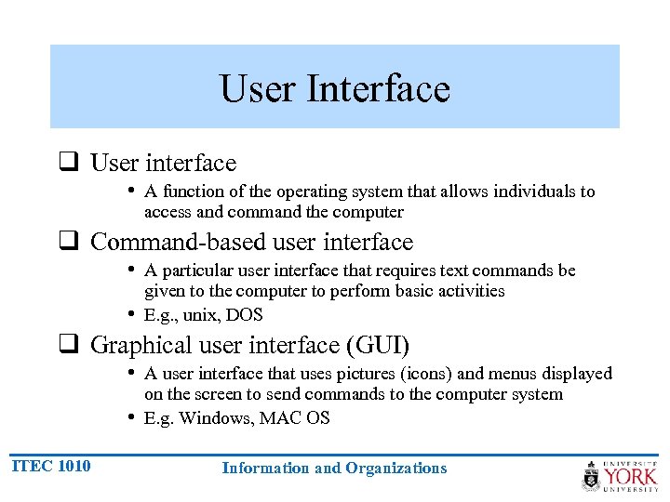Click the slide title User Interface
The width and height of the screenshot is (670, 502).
coord(335,89)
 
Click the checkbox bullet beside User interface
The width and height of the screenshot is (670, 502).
coord(68,164)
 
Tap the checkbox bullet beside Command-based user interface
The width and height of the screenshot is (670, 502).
coord(68,243)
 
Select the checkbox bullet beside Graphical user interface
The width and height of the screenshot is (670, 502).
coord(68,346)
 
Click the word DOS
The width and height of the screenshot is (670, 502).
coord(245,315)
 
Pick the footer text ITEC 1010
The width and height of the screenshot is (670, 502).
coord(51,466)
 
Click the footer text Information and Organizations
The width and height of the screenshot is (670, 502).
coord(334,469)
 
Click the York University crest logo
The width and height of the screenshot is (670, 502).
coord(591,476)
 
